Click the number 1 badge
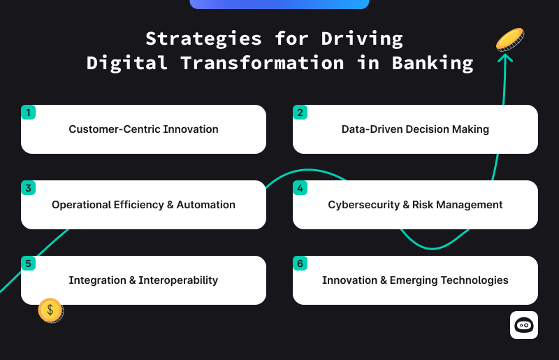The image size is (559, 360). click(28, 113)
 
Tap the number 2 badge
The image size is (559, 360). click(300, 113)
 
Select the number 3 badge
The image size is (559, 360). click(28, 187)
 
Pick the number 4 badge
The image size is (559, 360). click(300, 187)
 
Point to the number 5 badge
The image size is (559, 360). click(28, 264)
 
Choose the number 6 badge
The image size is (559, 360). click(300, 264)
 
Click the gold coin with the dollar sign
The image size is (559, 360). click(50, 310)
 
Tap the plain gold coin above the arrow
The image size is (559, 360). click(510, 39)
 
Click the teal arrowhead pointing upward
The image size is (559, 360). click(505, 58)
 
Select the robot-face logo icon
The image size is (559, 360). click(523, 325)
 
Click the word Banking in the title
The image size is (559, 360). click(433, 64)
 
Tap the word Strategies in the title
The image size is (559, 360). click(203, 39)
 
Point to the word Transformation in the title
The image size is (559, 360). click(263, 63)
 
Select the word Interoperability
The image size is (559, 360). click(178, 280)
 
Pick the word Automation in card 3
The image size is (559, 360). click(205, 205)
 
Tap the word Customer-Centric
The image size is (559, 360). click(115, 129)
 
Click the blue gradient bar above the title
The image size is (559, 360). click(279, 4)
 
